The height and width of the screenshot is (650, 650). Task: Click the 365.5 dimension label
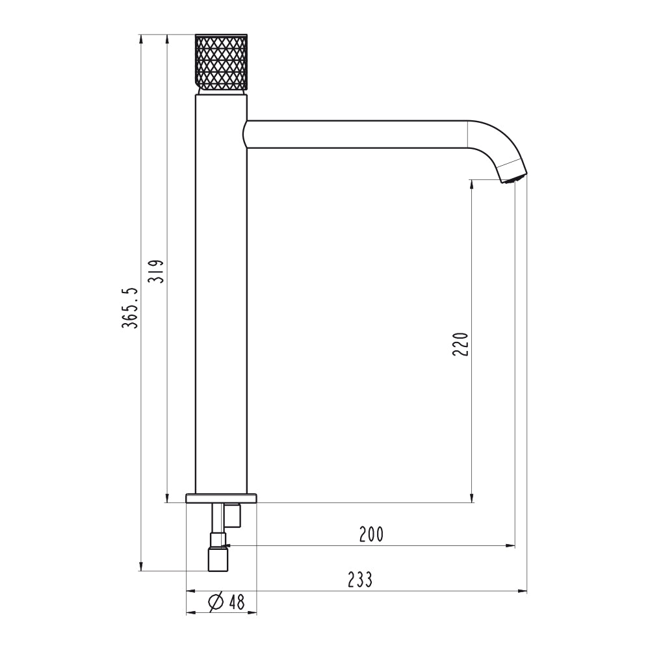129,307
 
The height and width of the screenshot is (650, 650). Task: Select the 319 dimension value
156,272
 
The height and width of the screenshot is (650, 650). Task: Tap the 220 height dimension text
460,344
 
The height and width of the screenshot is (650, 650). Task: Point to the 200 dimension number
371,534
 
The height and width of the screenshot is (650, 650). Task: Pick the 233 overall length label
360,580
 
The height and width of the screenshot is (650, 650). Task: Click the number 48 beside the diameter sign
237,602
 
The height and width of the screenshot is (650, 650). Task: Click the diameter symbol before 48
216,602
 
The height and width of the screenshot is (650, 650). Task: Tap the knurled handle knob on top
222,62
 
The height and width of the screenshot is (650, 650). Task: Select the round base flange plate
222,499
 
